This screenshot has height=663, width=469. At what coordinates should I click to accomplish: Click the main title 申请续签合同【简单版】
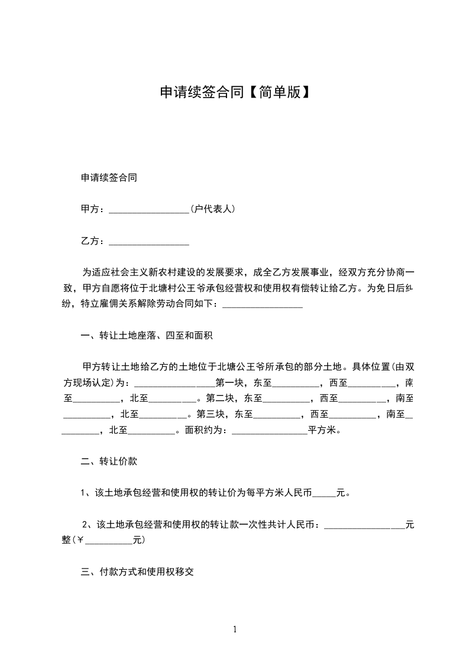pyautogui.click(x=235, y=92)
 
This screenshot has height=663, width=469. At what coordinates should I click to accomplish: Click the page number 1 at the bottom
pyautogui.click(x=235, y=629)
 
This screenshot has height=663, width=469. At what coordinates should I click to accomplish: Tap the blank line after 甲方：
pyautogui.click(x=149, y=210)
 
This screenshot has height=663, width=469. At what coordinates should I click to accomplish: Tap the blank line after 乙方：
pyautogui.click(x=149, y=242)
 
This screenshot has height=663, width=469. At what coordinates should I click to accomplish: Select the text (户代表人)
pyautogui.click(x=214, y=209)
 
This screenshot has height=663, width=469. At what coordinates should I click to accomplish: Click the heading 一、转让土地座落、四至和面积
pyautogui.click(x=147, y=336)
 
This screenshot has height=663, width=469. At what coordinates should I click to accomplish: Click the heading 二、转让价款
pyautogui.click(x=109, y=460)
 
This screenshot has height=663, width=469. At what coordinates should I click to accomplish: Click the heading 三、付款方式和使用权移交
pyautogui.click(x=137, y=571)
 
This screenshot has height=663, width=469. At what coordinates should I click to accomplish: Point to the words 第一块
pyautogui.click(x=228, y=382)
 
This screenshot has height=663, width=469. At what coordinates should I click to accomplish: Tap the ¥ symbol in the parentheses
pyautogui.click(x=80, y=540)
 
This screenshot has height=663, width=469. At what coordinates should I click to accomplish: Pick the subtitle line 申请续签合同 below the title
pyautogui.click(x=109, y=177)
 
